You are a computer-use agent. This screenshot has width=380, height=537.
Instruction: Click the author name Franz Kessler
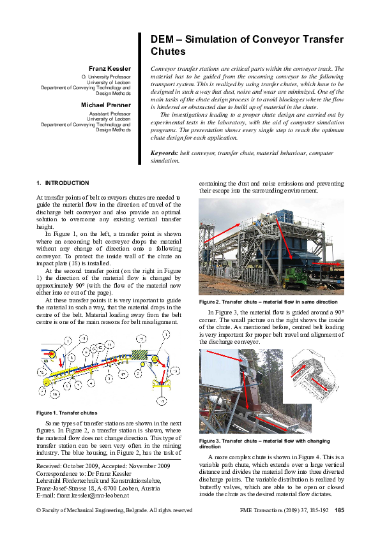pos(109,68)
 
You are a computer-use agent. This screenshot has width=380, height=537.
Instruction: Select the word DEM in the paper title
pos(160,40)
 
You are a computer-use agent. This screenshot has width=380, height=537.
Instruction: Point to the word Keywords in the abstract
pos(164,154)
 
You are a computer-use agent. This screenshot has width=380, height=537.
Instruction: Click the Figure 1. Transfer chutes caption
pos(67,413)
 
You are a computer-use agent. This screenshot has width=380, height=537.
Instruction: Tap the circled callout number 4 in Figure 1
pos(162,402)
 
